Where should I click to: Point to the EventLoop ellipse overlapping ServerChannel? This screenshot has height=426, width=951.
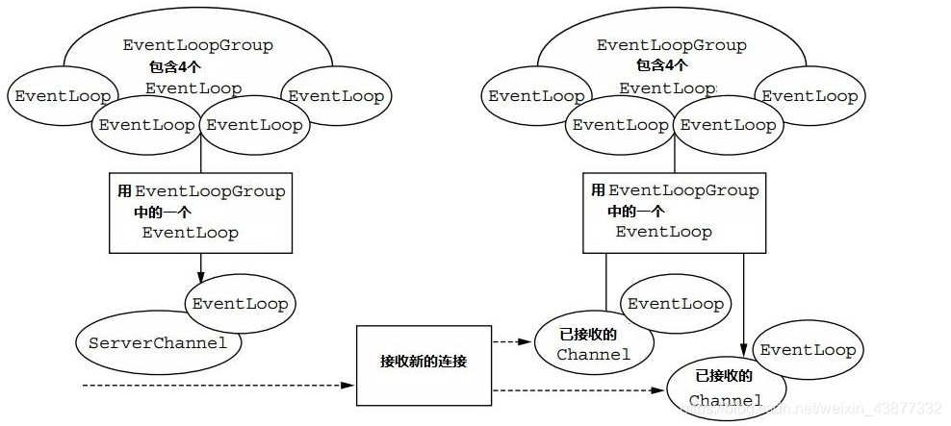point(241,303)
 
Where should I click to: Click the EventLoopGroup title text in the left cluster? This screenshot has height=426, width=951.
point(197,45)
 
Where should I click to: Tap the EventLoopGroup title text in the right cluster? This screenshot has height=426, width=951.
point(672,45)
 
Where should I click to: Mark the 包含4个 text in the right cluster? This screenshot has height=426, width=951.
point(661,66)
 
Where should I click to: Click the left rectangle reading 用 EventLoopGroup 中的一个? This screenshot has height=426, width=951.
point(200,213)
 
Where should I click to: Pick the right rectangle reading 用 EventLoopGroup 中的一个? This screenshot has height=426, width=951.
point(674,213)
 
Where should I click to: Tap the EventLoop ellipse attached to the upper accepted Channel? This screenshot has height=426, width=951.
point(676,303)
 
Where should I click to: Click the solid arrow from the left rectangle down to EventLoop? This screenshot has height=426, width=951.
point(200,264)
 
